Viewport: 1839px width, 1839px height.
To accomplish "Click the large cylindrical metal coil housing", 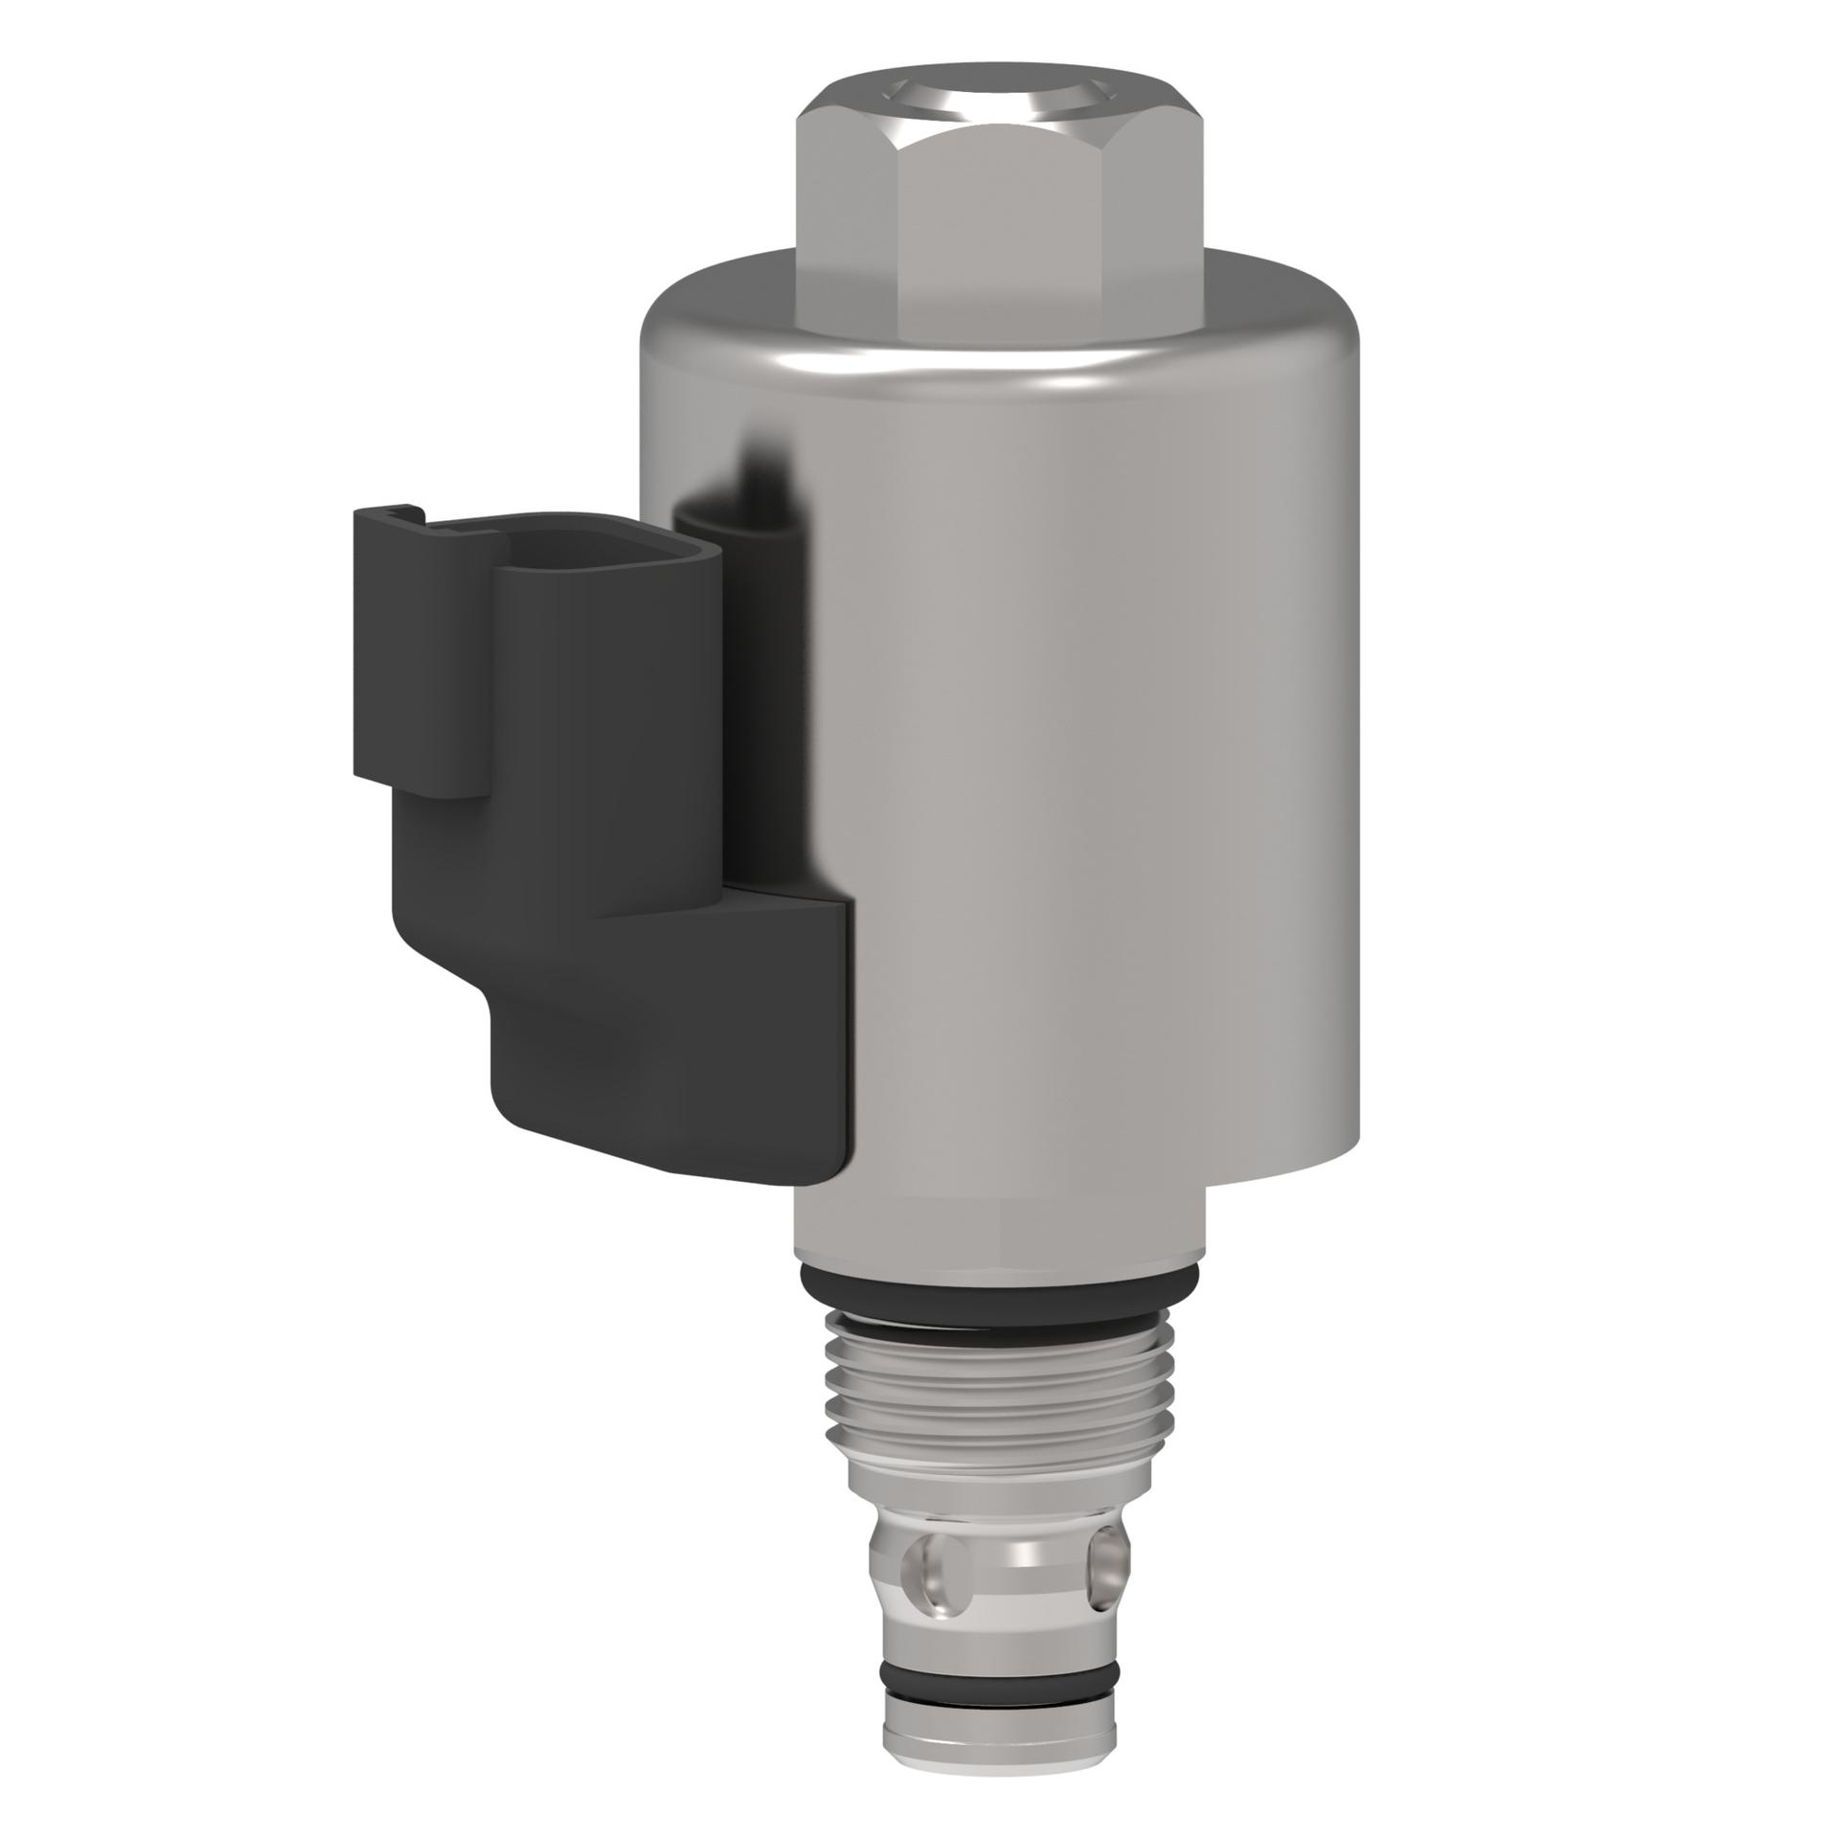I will pos(1082,766).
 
